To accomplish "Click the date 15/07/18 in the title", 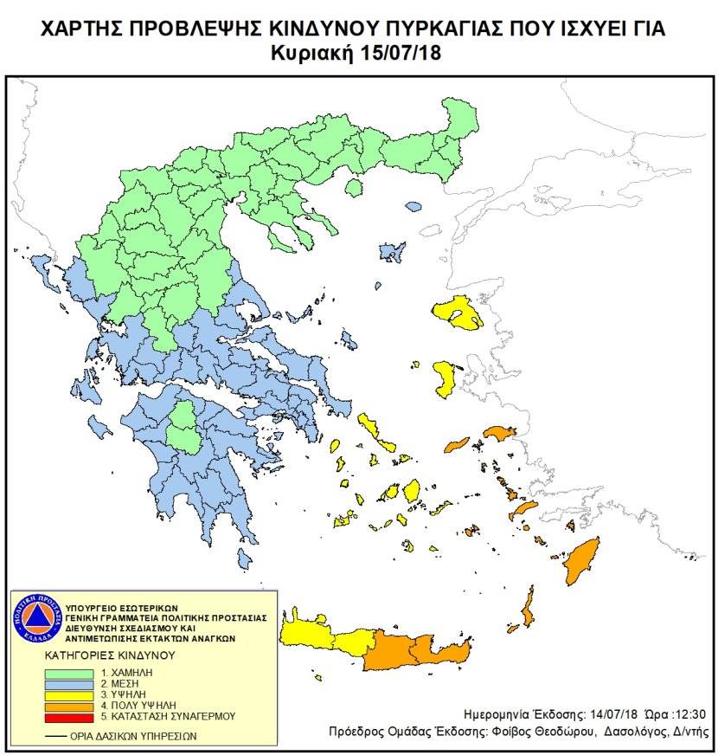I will (400, 54).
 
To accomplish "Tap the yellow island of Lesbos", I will (458, 313).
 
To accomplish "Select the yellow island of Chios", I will (446, 379).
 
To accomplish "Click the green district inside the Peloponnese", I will (183, 427).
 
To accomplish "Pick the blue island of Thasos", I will (413, 207).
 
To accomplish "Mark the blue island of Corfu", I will (41, 268).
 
